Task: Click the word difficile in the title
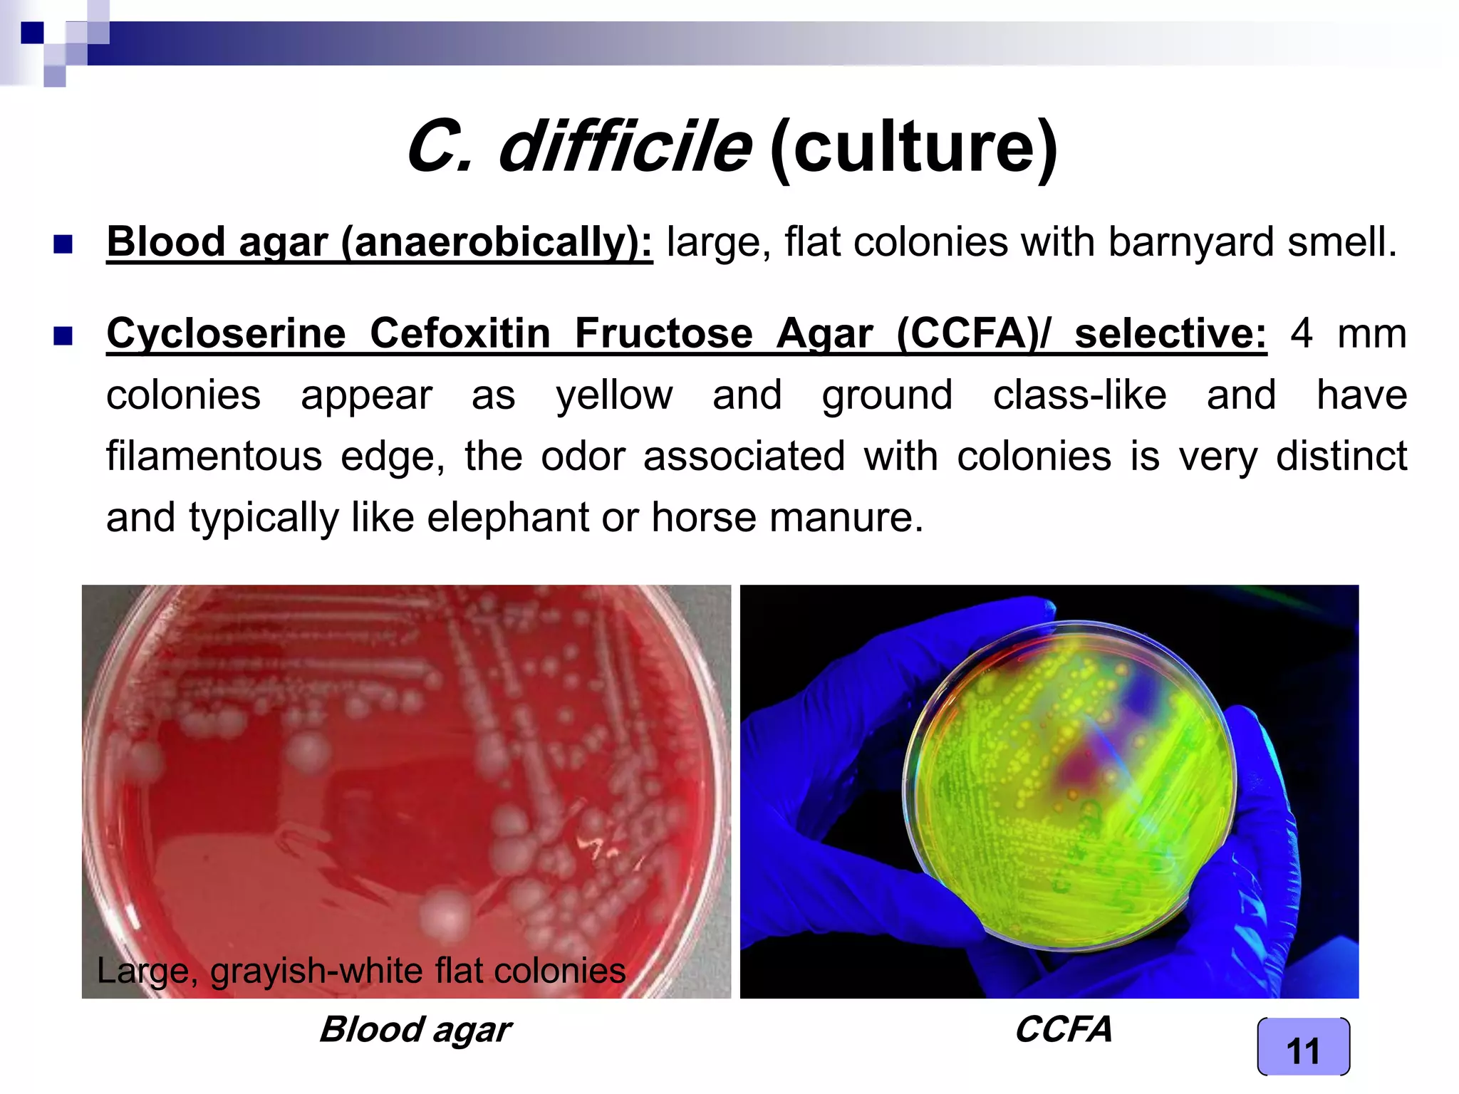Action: click(x=624, y=147)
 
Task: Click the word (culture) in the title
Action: click(x=913, y=147)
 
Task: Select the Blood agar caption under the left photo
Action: click(x=415, y=1029)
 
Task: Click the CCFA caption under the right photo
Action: click(x=1063, y=1029)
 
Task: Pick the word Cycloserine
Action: click(x=226, y=333)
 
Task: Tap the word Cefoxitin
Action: click(x=460, y=333)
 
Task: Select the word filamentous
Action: click(x=214, y=456)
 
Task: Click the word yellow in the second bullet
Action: click(x=614, y=395)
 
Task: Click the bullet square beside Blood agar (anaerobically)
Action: click(x=63, y=244)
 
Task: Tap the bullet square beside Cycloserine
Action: click(x=63, y=335)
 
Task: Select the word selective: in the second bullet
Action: click(x=1170, y=333)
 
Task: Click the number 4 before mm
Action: click(x=1302, y=333)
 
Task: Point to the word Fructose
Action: click(x=663, y=333)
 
